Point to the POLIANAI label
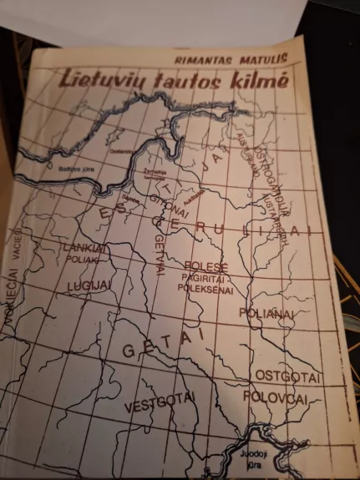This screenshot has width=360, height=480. [266, 313]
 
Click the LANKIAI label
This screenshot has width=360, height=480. [84, 247]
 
